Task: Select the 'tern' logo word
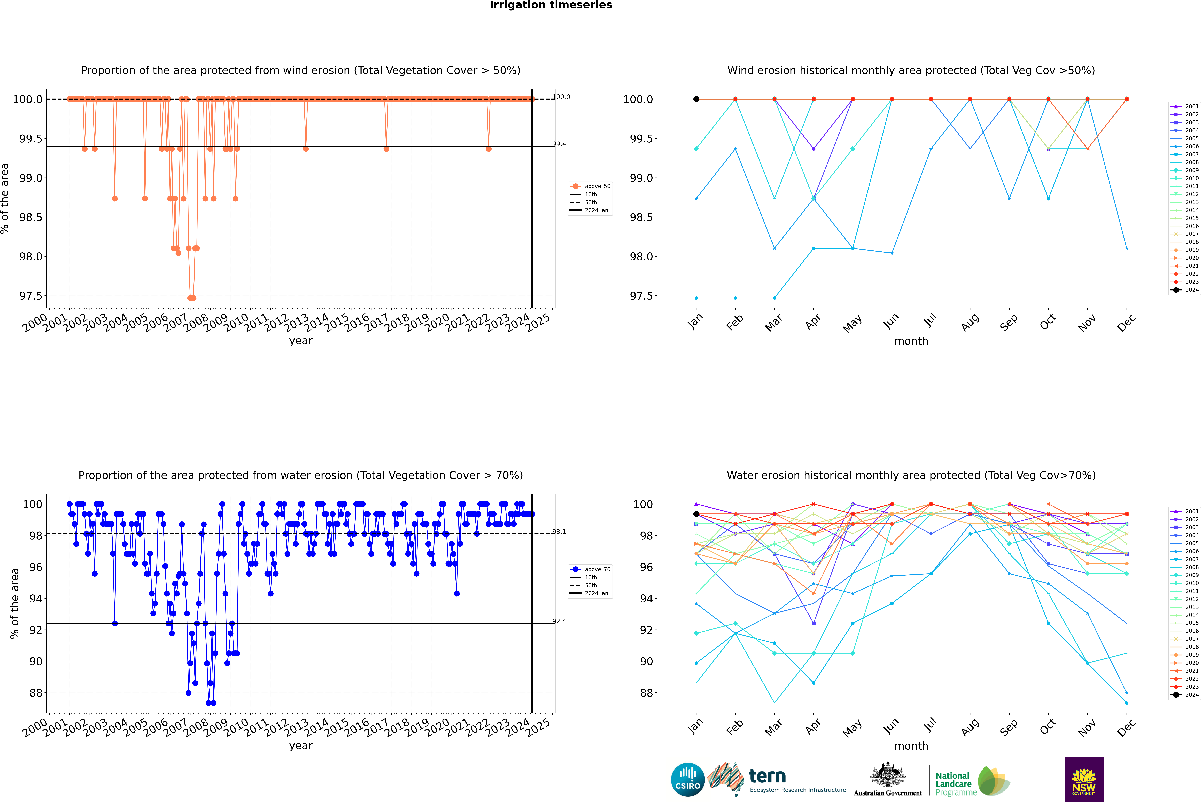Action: pos(767,776)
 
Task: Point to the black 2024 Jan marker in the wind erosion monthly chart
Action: pos(696,99)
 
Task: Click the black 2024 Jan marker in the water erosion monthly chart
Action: pos(696,514)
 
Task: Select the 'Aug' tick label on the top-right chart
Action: pos(970,322)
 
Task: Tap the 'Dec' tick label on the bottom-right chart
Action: pos(1126,727)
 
